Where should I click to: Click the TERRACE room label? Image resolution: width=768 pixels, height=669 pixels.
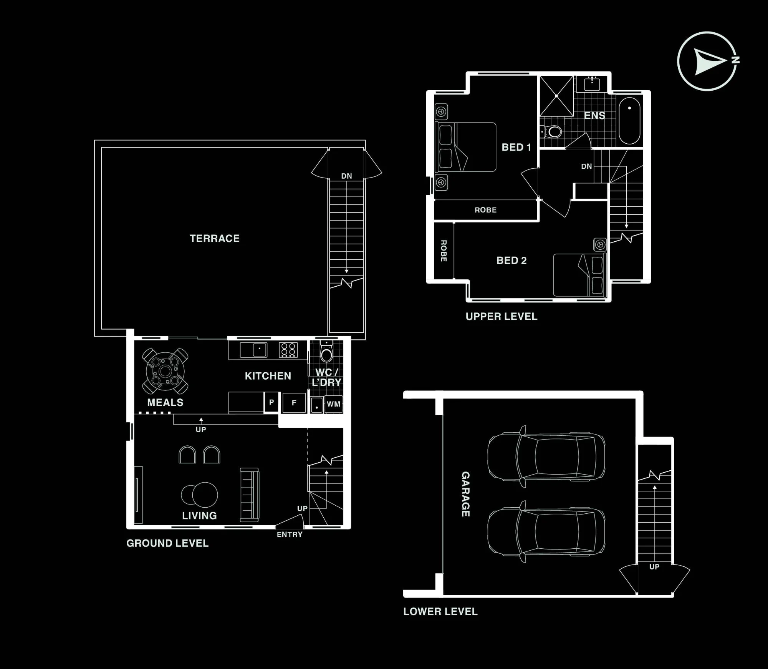pyautogui.click(x=215, y=239)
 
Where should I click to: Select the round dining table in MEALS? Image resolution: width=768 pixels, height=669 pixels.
pyautogui.click(x=166, y=372)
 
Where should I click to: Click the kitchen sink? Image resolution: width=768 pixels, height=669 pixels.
pyautogui.click(x=253, y=350)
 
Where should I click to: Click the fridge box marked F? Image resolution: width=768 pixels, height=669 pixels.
pyautogui.click(x=294, y=403)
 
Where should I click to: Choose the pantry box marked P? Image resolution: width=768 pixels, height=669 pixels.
pyautogui.click(x=271, y=402)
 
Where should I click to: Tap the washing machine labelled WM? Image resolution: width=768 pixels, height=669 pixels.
pyautogui.click(x=333, y=404)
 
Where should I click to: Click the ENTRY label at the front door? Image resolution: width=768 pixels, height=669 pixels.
pyautogui.click(x=290, y=535)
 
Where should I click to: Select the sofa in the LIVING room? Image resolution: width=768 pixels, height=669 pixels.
pyautogui.click(x=250, y=495)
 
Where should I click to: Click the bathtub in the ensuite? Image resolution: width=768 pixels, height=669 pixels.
pyautogui.click(x=629, y=121)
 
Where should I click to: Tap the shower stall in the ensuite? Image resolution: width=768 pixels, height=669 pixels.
pyautogui.click(x=556, y=96)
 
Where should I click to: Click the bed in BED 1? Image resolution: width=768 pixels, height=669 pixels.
pyautogui.click(x=466, y=147)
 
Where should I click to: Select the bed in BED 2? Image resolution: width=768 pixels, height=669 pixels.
pyautogui.click(x=579, y=275)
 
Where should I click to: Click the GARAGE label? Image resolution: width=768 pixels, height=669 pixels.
pyautogui.click(x=465, y=494)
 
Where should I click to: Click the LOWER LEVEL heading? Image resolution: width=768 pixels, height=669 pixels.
pyautogui.click(x=440, y=611)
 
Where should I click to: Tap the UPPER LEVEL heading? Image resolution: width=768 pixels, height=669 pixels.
pyautogui.click(x=502, y=317)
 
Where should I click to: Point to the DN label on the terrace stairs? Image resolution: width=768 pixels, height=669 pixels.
pyautogui.click(x=347, y=176)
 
